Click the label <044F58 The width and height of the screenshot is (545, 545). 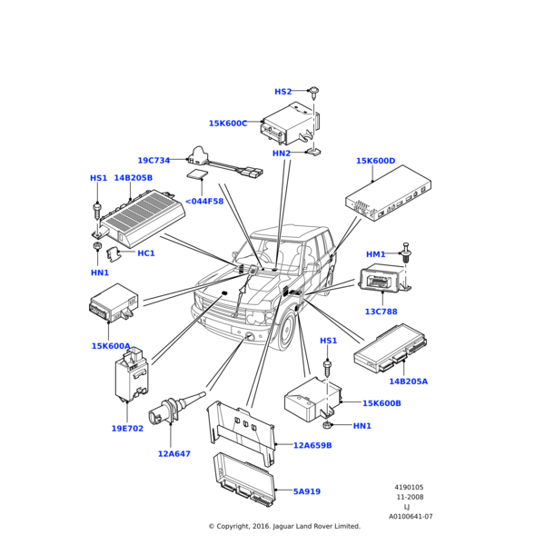[x=204, y=202]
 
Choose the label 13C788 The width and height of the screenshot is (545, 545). [x=381, y=312]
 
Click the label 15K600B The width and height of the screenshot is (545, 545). [x=381, y=403]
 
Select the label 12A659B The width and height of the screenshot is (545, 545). [x=312, y=446]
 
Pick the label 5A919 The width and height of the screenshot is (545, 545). [x=306, y=491]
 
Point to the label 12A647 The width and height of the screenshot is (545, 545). [x=173, y=453]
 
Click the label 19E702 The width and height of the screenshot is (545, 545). [x=127, y=428]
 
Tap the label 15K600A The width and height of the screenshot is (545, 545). [x=111, y=346]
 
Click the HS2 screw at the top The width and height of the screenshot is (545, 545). [x=313, y=92]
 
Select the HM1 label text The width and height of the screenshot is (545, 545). [x=375, y=254]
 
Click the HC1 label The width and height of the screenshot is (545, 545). [x=145, y=253]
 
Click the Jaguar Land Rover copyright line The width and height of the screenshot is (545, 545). [x=284, y=526]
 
